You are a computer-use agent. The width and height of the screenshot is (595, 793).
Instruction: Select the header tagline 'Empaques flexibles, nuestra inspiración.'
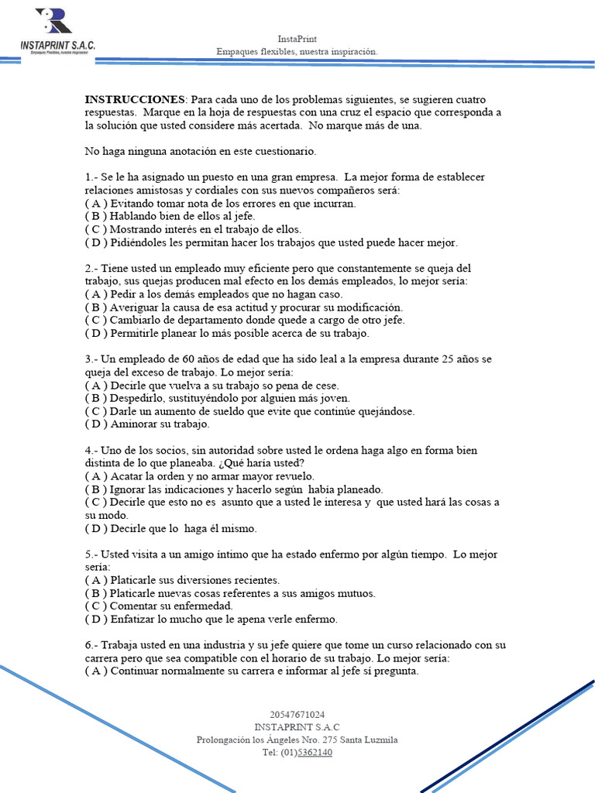[x=297, y=51]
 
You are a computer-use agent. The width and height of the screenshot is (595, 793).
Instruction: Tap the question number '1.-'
[x=92, y=177]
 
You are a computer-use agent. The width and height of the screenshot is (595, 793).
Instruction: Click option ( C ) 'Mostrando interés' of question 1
[x=193, y=229]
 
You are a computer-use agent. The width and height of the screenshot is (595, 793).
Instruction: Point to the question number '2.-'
[x=92, y=268]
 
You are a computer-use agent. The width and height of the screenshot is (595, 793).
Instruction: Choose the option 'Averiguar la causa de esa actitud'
[x=243, y=307]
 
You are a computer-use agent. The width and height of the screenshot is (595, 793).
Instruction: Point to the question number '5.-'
[x=92, y=554]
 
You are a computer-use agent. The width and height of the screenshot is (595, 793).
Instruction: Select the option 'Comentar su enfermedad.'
[x=159, y=606]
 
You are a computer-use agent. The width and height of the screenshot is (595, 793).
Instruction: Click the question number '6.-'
[x=92, y=645]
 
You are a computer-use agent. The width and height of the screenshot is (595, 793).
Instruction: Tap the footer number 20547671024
[x=297, y=714]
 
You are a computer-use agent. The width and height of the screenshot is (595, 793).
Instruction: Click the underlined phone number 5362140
[x=315, y=752]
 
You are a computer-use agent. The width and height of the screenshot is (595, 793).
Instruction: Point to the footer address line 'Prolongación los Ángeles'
[x=297, y=740]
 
